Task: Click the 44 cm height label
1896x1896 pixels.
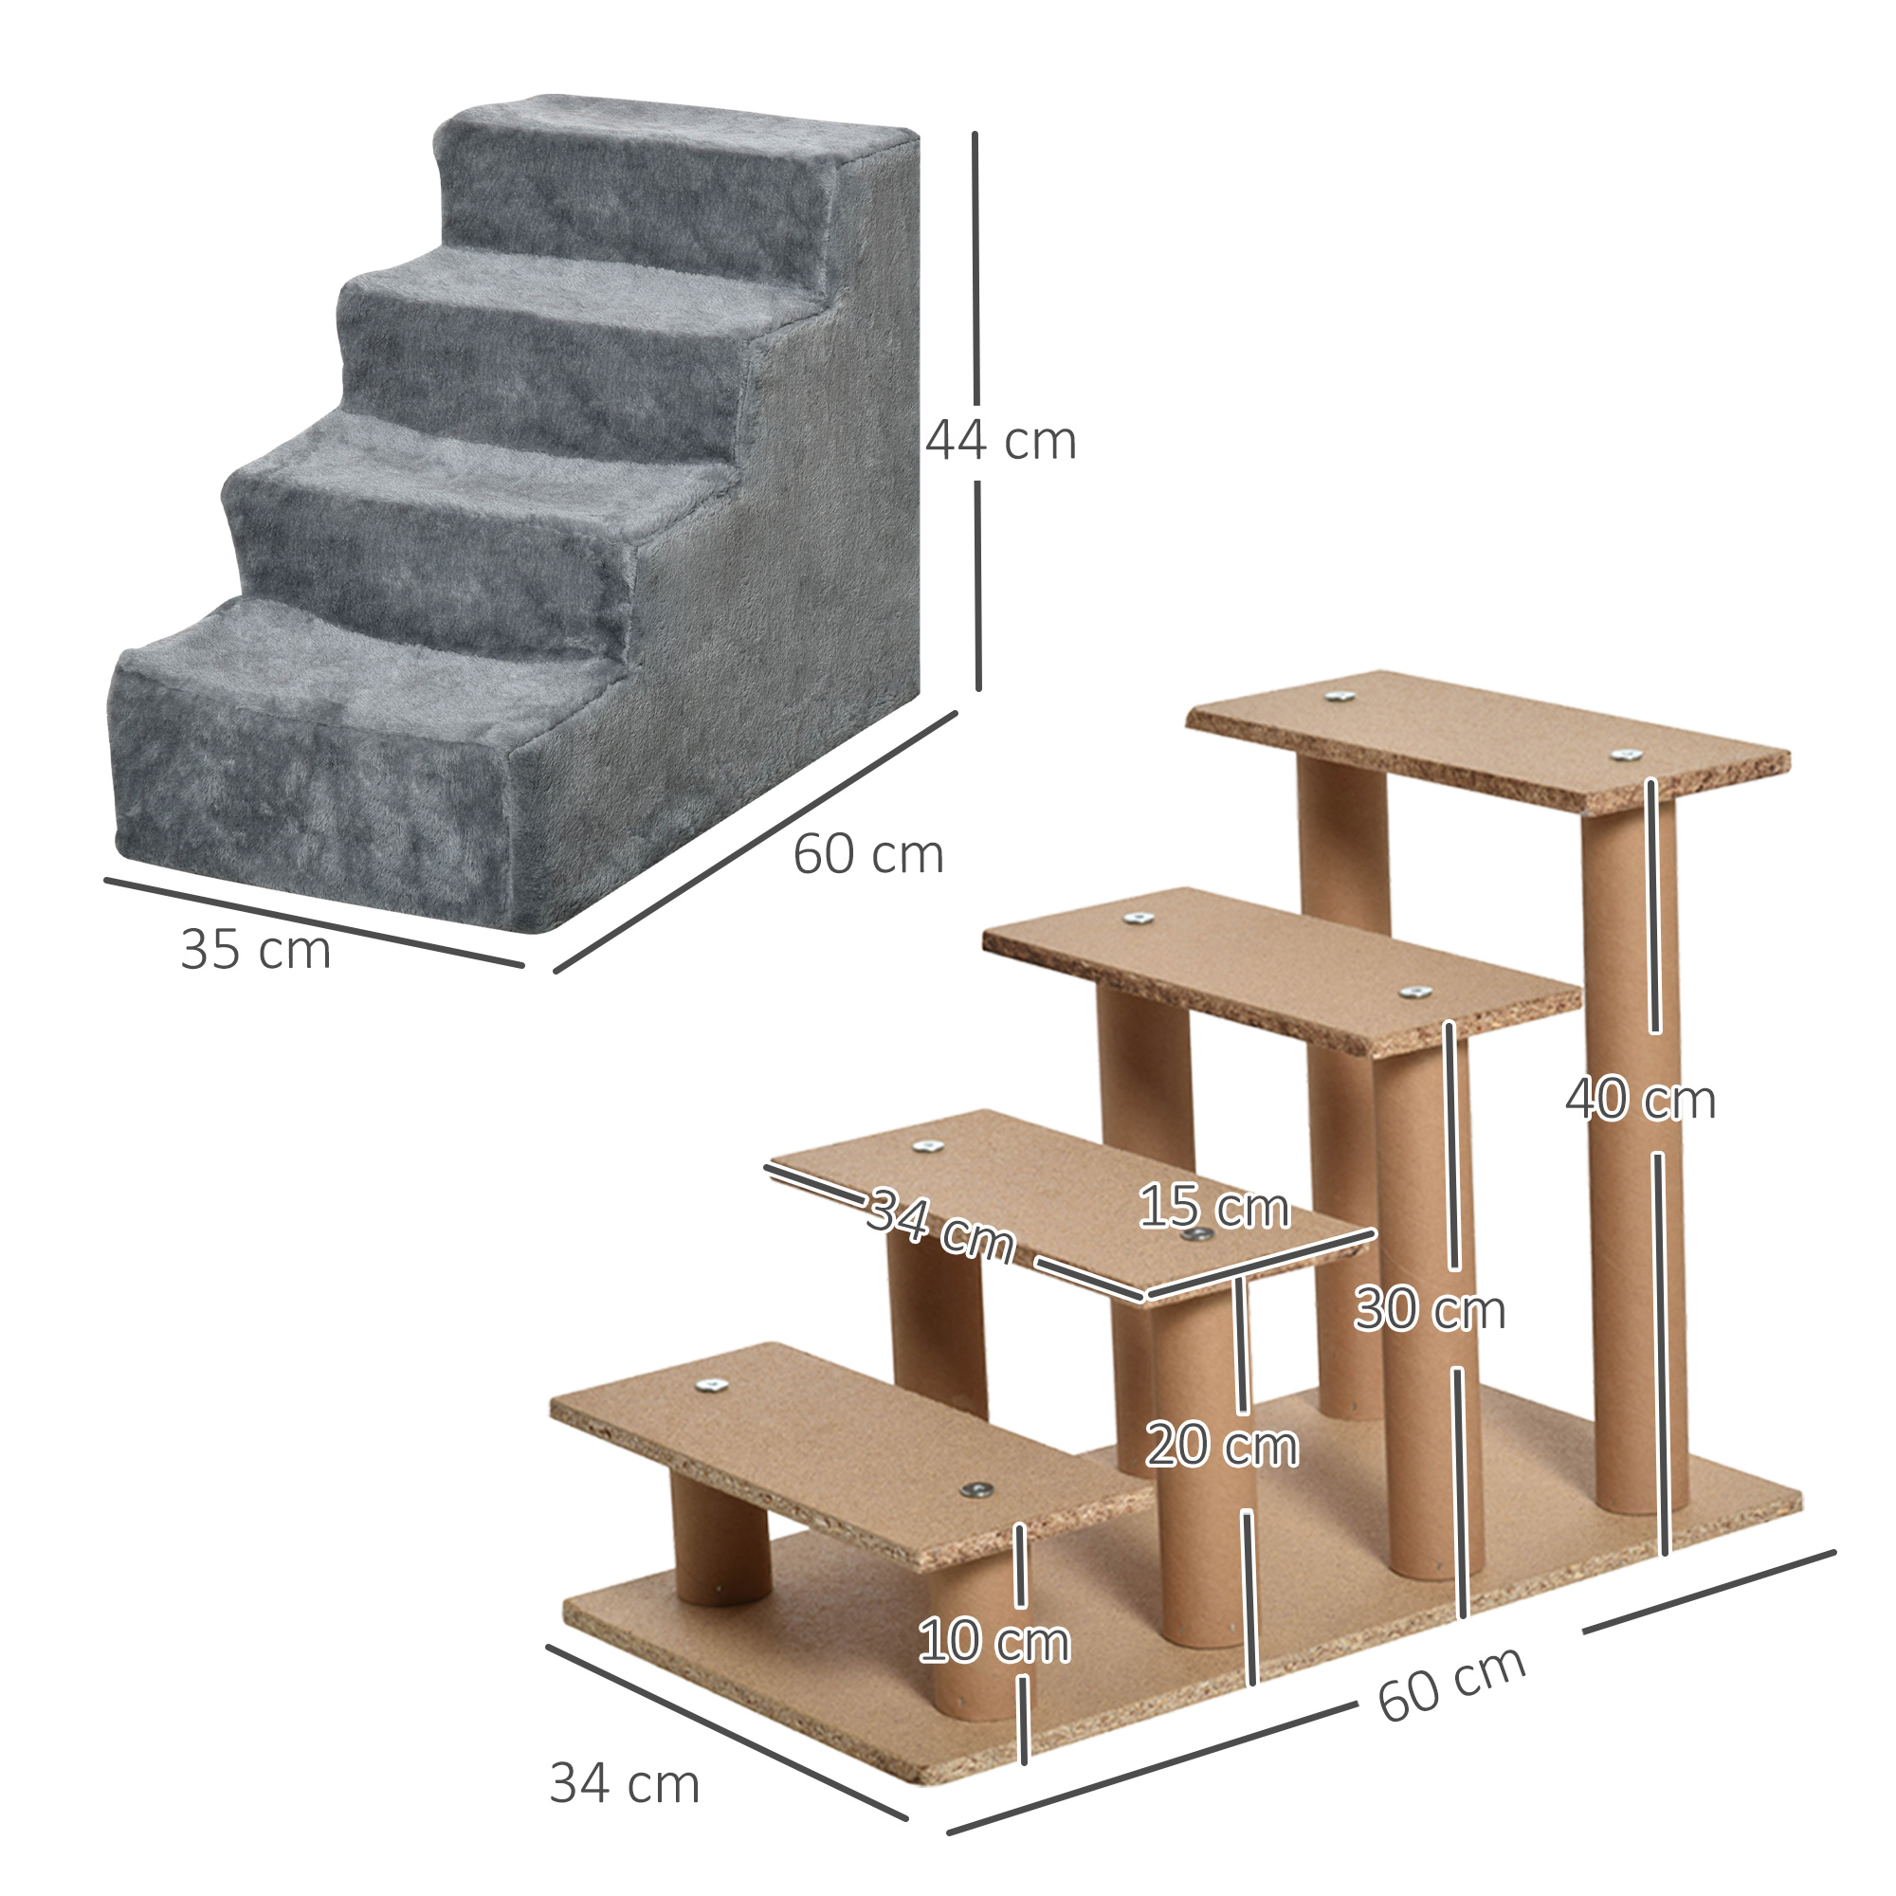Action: pos(1000,441)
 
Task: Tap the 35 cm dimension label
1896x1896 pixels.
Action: pos(255,950)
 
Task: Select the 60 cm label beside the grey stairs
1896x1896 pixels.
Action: pos(867,854)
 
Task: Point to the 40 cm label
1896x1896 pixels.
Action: pos(1640,1099)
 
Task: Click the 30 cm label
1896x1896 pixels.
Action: pos(1429,1309)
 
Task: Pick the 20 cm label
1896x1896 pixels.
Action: pos(1222,1446)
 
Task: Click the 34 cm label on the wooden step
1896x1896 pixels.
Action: pos(939,1226)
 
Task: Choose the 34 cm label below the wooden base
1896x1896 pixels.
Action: pos(624,1783)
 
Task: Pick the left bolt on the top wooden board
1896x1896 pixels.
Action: pos(1338,696)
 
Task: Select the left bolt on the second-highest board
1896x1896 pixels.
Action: pos(1138,918)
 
